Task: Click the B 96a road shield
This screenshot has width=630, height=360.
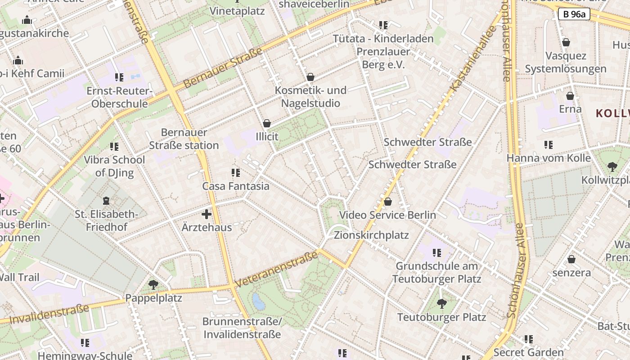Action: coord(574,14)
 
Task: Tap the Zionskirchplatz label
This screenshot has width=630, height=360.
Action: coord(371,235)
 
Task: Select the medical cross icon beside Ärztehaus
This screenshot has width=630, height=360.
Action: coord(207,214)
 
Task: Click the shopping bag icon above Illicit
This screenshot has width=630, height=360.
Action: coord(267,123)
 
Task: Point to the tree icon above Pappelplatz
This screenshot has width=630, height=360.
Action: coord(153,284)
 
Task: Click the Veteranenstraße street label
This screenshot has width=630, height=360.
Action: coord(276,269)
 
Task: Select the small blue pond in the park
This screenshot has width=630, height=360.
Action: coord(259,301)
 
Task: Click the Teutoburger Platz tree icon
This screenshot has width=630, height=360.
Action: coord(442,304)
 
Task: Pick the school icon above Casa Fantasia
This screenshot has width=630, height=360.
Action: coord(235,172)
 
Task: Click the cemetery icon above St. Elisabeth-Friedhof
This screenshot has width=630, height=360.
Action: coord(106,200)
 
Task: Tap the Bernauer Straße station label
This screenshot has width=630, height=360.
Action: coord(184,139)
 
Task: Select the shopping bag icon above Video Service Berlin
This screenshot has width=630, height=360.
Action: coord(387,202)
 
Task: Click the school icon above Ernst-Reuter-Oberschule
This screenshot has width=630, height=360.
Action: coord(119,77)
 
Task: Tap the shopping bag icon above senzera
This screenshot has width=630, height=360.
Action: coord(571,259)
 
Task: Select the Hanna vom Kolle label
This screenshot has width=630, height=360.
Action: coord(549,158)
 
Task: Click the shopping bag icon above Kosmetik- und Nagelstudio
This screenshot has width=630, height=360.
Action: coord(310,77)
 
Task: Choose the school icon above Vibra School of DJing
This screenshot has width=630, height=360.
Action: coord(114,146)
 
